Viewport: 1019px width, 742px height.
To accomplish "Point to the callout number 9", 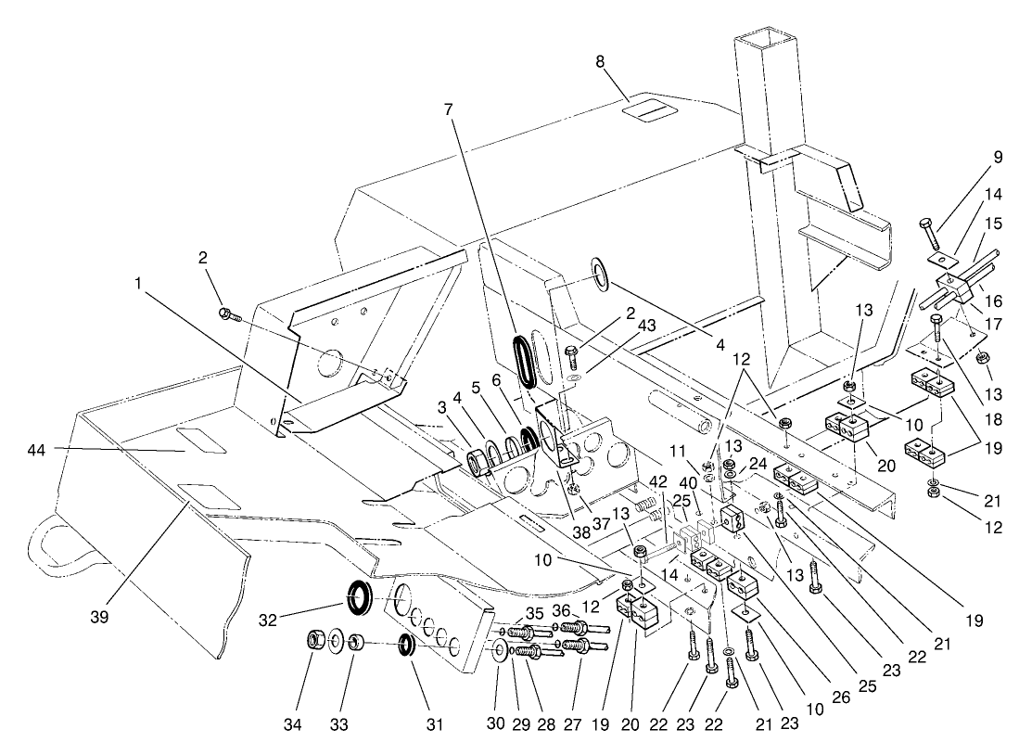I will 999,158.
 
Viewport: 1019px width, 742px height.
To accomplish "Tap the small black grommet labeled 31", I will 406,643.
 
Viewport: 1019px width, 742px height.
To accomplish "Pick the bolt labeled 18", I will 938,330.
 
